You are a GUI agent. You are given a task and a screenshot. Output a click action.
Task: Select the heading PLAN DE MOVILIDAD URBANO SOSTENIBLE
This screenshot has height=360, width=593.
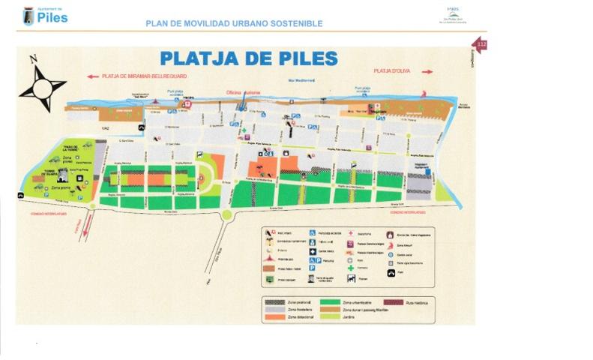[235, 24]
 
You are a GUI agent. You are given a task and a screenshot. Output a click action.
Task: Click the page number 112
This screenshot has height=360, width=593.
[481, 46]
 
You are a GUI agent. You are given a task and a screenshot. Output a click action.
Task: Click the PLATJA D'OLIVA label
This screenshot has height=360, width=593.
[393, 71]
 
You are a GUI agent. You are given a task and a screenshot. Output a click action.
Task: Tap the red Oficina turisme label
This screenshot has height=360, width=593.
[243, 92]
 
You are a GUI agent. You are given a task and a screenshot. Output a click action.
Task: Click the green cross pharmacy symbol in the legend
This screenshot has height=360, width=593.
[349, 267]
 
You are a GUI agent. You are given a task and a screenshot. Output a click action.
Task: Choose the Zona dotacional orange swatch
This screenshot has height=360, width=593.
[274, 316]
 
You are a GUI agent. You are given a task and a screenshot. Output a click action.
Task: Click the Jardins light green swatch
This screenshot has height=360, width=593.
[330, 316]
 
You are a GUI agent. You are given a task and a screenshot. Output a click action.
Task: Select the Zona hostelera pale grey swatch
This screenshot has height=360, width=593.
[274, 309]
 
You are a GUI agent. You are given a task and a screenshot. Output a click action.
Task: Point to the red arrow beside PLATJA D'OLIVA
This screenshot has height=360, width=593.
[427, 72]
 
